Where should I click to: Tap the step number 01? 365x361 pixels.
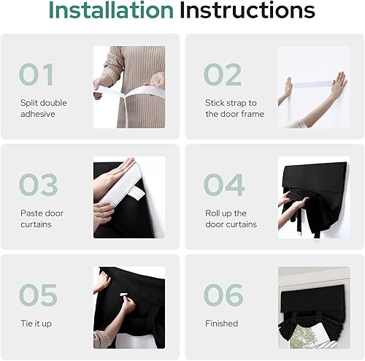pos(37,75)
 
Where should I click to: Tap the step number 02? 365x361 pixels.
pos(223,75)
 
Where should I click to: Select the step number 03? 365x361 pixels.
pos(38,185)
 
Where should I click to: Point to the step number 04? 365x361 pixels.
pos(223,185)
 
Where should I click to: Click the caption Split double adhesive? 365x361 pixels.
pos(44,108)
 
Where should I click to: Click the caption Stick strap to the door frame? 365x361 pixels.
pos(234,108)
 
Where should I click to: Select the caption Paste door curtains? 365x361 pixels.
pos(41,218)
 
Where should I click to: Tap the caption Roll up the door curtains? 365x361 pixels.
pos(231,218)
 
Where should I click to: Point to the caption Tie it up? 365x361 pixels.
pos(36,323)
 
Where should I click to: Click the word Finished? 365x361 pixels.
pos(222,323)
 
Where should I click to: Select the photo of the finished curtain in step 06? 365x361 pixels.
pos(313,307)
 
